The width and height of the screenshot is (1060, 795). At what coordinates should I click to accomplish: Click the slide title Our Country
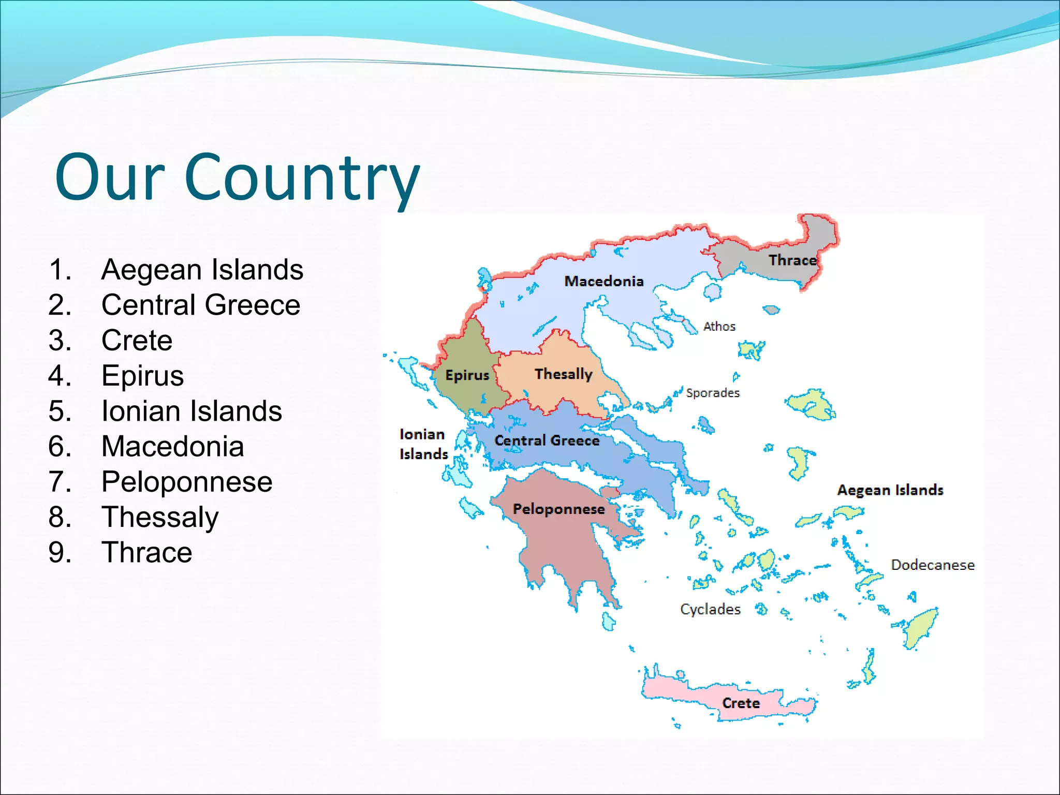(237, 177)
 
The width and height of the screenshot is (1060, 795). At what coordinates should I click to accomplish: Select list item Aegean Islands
(202, 270)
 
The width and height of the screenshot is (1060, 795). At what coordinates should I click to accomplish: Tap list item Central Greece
(201, 305)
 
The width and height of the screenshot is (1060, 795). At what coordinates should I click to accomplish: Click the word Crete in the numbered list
(137, 341)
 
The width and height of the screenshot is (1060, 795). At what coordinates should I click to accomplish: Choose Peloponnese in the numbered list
(187, 482)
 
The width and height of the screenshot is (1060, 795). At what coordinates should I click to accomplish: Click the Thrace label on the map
(792, 260)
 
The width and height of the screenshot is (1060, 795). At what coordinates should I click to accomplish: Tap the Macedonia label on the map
(603, 281)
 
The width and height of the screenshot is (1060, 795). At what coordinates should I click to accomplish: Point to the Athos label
(719, 327)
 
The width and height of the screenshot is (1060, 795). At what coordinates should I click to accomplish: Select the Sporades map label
(713, 393)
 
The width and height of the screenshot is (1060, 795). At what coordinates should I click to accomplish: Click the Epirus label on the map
(467, 375)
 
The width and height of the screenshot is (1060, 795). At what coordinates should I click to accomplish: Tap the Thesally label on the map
(563, 374)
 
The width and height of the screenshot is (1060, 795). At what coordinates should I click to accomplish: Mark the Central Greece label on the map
(547, 440)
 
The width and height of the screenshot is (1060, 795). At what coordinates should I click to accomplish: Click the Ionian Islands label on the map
(423, 444)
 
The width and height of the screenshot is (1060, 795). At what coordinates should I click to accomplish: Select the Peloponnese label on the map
(558, 509)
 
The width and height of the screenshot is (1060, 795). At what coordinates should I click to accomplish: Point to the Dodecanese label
(933, 565)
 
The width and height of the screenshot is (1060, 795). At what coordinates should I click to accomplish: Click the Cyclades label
(710, 609)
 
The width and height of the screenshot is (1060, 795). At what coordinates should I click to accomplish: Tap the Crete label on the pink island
(741, 703)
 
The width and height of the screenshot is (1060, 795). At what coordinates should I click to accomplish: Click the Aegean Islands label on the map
(890, 490)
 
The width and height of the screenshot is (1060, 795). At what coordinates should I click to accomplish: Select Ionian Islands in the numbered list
(192, 411)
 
